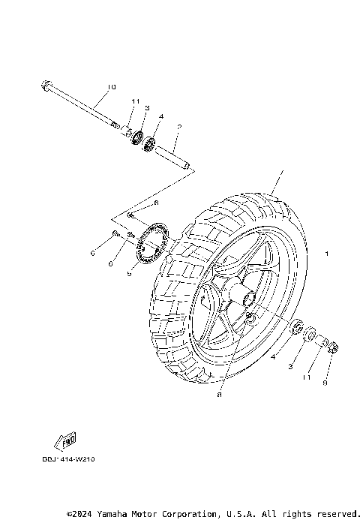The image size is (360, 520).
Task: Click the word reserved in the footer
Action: point(334,514)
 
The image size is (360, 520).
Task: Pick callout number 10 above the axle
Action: point(112,87)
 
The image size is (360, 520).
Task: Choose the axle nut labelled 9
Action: point(334,347)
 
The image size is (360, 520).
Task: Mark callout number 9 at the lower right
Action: point(325,382)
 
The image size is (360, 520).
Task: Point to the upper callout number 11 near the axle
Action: point(136,101)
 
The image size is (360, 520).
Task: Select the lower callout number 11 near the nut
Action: point(306,378)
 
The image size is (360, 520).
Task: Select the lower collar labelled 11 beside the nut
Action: point(325,341)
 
